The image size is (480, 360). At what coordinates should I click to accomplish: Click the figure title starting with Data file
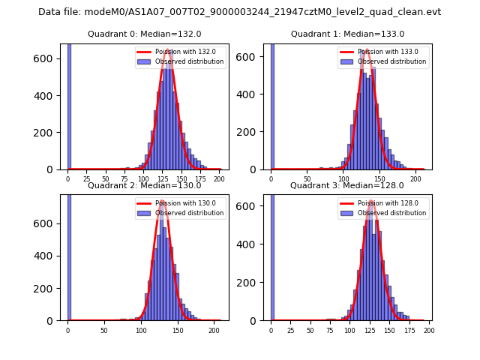239,12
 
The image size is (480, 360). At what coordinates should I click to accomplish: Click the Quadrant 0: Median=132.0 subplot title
145,34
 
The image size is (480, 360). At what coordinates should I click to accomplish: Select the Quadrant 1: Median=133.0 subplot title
347,34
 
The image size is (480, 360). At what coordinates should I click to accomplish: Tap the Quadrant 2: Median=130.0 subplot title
145,185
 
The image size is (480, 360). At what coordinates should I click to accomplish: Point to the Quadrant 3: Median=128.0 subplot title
346,185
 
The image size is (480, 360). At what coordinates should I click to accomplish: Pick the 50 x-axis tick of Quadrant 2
104,330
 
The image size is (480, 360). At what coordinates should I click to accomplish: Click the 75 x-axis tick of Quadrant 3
330,330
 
